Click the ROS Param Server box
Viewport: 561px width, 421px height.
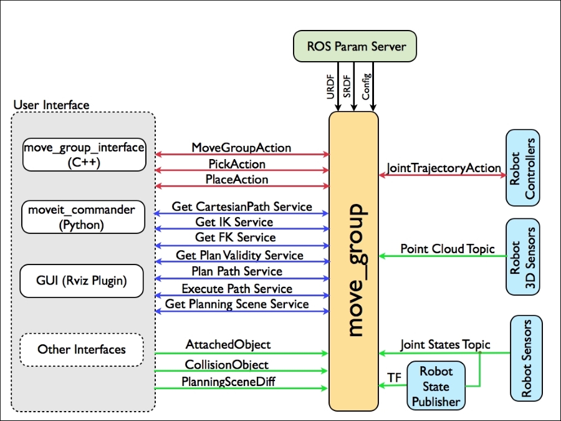(x=355, y=46)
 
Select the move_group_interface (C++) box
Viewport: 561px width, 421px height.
(x=84, y=155)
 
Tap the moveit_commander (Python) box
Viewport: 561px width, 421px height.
(x=83, y=217)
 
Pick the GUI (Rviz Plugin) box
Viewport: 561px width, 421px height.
(x=82, y=281)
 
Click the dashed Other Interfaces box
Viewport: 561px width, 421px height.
(x=82, y=349)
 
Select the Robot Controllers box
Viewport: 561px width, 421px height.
(x=523, y=168)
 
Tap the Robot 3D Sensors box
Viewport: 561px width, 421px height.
(x=523, y=257)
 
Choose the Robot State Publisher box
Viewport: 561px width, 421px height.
(x=436, y=385)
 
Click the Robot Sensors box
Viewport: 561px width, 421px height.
(x=526, y=359)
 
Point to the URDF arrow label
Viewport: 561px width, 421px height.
(x=330, y=87)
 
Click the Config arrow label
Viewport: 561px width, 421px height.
(x=366, y=86)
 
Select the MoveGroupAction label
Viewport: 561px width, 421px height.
(x=241, y=147)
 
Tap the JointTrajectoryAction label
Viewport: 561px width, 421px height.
(x=444, y=168)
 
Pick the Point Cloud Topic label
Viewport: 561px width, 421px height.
(x=448, y=248)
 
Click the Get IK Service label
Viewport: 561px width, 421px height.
(x=234, y=222)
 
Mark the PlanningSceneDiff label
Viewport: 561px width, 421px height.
(x=228, y=382)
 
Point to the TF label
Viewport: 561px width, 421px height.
(x=395, y=378)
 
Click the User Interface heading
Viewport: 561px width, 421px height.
(x=51, y=105)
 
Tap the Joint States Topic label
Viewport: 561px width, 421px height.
(x=445, y=344)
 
